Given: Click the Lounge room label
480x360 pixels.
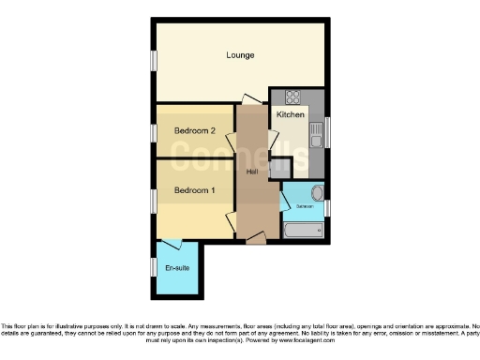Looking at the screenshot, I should click(240, 55).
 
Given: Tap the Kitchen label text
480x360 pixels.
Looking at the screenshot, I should click(290, 114).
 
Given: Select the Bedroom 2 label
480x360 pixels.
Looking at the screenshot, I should click(195, 131).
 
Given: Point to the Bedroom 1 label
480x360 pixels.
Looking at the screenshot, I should click(195, 191).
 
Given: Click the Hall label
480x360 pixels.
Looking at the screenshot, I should click(252, 172).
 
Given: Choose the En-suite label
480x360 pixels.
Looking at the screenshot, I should click(177, 269).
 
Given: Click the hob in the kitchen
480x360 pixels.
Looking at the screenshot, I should click(292, 96).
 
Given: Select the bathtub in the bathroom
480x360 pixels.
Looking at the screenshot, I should click(303, 229).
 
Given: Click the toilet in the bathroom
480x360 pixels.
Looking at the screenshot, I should click(317, 194).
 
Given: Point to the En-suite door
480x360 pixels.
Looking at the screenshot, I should click(171, 244).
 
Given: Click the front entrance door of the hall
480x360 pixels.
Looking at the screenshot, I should click(254, 240).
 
